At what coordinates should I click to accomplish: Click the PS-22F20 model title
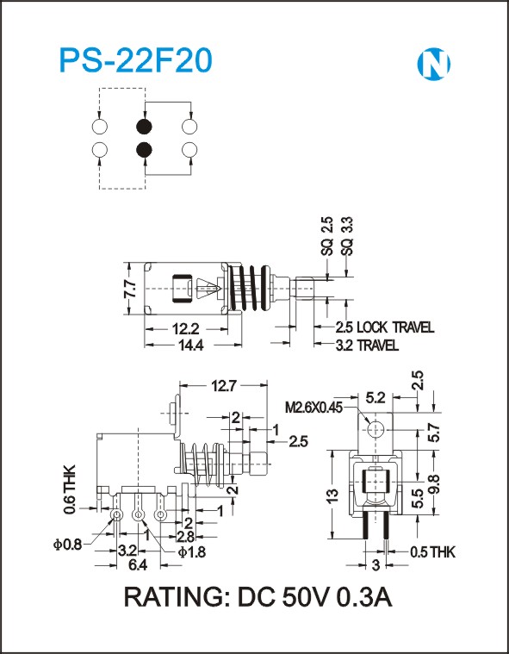click(x=136, y=61)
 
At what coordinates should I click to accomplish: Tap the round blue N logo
click(x=433, y=65)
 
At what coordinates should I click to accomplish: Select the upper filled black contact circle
click(x=144, y=127)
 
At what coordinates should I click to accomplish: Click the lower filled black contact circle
click(x=144, y=149)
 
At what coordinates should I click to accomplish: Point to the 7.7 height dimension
click(x=130, y=289)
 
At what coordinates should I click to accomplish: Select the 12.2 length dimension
click(x=186, y=329)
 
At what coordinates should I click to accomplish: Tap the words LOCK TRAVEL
click(x=395, y=327)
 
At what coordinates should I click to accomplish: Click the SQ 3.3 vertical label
click(x=347, y=235)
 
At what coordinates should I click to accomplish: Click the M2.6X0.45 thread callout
click(x=313, y=407)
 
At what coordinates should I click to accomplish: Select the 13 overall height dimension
click(x=332, y=495)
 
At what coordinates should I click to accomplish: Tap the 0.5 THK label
click(x=432, y=552)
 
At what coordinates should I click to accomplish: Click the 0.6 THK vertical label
click(x=70, y=489)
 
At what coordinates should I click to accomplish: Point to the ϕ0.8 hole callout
click(x=67, y=545)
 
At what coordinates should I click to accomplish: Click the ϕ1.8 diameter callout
click(x=192, y=551)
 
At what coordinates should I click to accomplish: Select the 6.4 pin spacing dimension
click(x=138, y=565)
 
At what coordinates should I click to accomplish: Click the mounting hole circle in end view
click(x=376, y=428)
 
